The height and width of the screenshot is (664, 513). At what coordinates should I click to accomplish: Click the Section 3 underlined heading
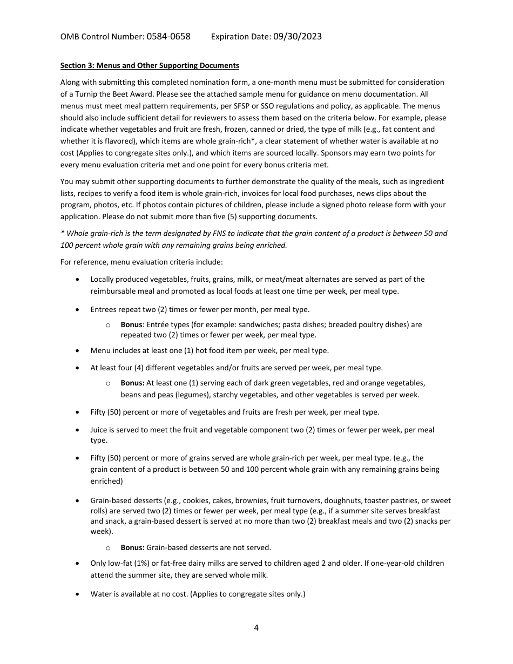tap(150, 66)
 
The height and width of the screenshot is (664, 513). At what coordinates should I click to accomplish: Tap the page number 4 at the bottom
tap(256, 628)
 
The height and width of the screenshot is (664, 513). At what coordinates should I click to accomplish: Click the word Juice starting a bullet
tap(99, 430)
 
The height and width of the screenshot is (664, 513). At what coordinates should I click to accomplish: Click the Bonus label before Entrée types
tap(131, 325)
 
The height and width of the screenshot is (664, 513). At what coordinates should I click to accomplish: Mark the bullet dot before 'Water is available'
tap(79, 594)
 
